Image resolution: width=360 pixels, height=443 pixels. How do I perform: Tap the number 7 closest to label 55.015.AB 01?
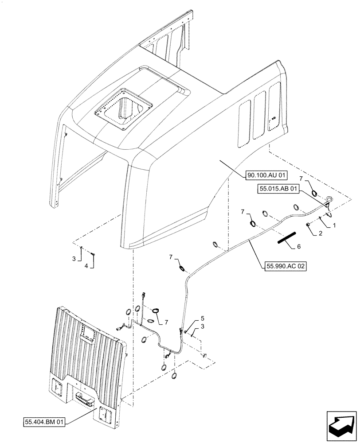[302, 179]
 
